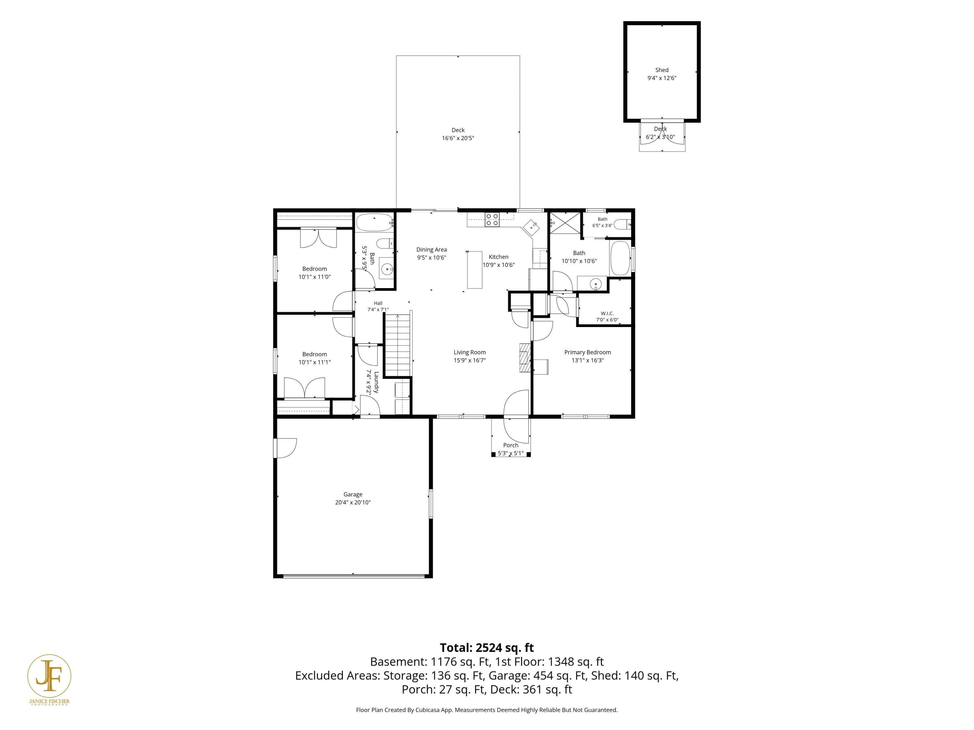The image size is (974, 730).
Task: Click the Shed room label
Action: [661, 70]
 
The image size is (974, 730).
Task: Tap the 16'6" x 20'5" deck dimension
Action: [458, 138]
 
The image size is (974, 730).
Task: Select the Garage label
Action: [353, 494]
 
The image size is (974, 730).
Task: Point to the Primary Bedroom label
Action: [587, 352]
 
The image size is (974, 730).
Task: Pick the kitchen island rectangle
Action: [475, 269]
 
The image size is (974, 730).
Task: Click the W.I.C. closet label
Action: [607, 313]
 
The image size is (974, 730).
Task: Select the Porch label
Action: [511, 445]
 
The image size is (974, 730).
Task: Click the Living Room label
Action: [469, 352]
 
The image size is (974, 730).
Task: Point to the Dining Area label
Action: [431, 249]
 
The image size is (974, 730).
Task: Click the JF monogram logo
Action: [49, 676]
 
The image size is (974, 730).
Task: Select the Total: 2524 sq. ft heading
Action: [487, 648]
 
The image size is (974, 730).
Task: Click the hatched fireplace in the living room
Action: [525, 358]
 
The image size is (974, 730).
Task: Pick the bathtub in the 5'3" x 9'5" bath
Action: [374, 223]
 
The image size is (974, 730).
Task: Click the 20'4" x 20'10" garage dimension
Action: [353, 503]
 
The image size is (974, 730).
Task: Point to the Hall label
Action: [378, 303]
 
